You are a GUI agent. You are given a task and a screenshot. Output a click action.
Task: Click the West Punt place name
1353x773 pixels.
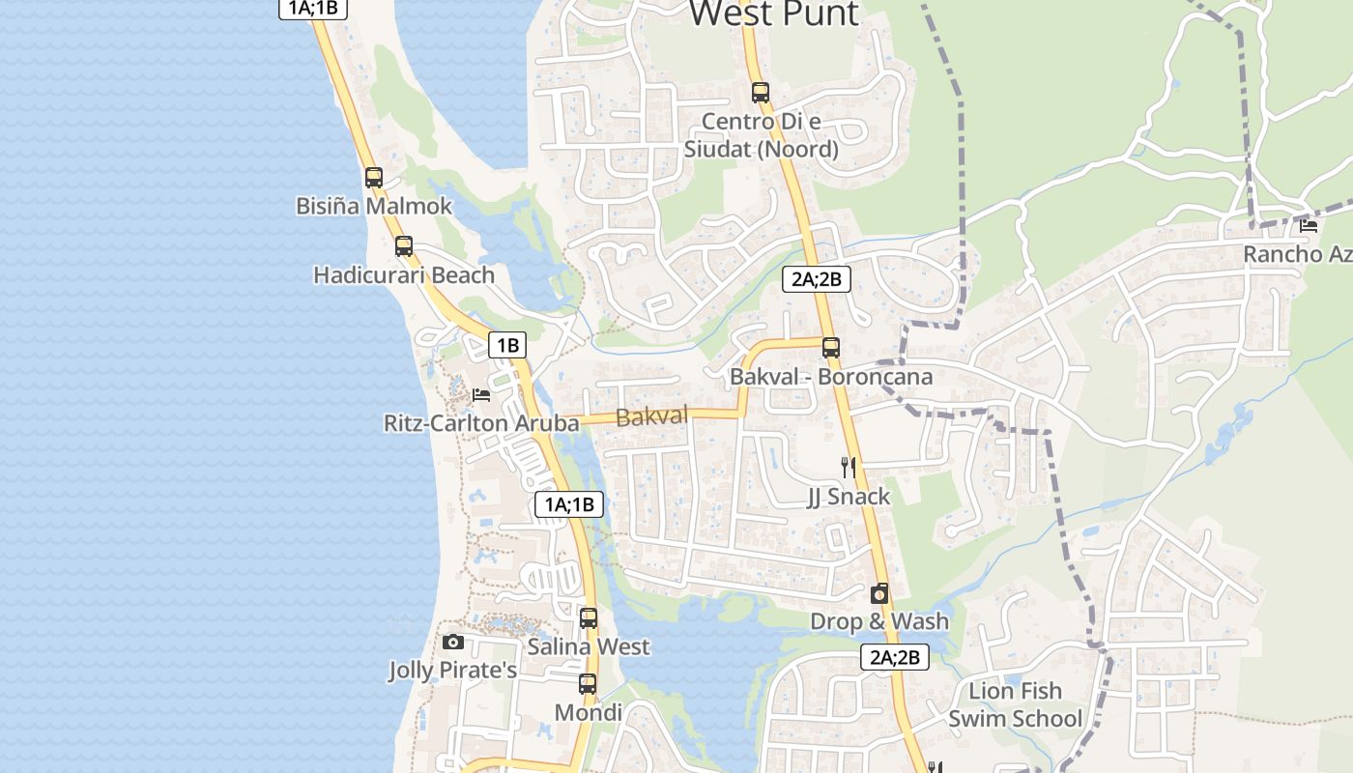coord(773,14)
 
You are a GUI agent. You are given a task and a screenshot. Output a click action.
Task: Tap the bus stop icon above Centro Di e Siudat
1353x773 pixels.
coord(761,93)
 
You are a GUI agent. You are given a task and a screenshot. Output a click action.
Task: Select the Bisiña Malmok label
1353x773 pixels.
coord(374,206)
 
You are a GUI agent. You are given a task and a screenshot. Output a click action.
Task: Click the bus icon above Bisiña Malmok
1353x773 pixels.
coord(374,178)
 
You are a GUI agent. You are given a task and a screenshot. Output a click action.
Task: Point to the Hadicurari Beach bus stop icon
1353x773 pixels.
coord(404,246)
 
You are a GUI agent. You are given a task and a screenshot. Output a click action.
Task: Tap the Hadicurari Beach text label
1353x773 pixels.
coord(404,275)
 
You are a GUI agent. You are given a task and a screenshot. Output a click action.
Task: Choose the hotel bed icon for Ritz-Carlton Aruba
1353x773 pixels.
coord(481,395)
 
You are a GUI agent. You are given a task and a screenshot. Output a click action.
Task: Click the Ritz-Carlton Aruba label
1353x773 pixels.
coord(481,423)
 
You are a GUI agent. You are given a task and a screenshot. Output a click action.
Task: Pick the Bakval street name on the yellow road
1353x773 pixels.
coord(651,416)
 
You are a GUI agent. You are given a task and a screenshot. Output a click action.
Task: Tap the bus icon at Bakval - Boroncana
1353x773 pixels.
coord(831,348)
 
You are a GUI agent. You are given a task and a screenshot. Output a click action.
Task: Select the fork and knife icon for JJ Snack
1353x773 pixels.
coord(849,469)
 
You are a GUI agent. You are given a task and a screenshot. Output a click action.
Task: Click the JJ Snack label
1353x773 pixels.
coord(849,497)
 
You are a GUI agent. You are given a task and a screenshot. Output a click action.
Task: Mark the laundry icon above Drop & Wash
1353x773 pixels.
coord(879,593)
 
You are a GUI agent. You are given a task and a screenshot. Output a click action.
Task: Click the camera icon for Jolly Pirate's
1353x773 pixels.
coord(452,643)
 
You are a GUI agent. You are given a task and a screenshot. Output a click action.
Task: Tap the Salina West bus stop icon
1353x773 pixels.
coord(589,618)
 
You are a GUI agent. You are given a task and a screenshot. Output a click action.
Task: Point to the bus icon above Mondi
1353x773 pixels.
coord(588,685)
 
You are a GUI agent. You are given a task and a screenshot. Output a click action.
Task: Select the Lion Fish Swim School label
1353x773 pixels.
coord(1016,704)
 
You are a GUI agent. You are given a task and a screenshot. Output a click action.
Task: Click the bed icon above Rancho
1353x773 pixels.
coord(1310,226)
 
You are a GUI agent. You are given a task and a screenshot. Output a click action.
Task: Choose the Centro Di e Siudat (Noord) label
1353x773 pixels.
coord(761,135)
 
